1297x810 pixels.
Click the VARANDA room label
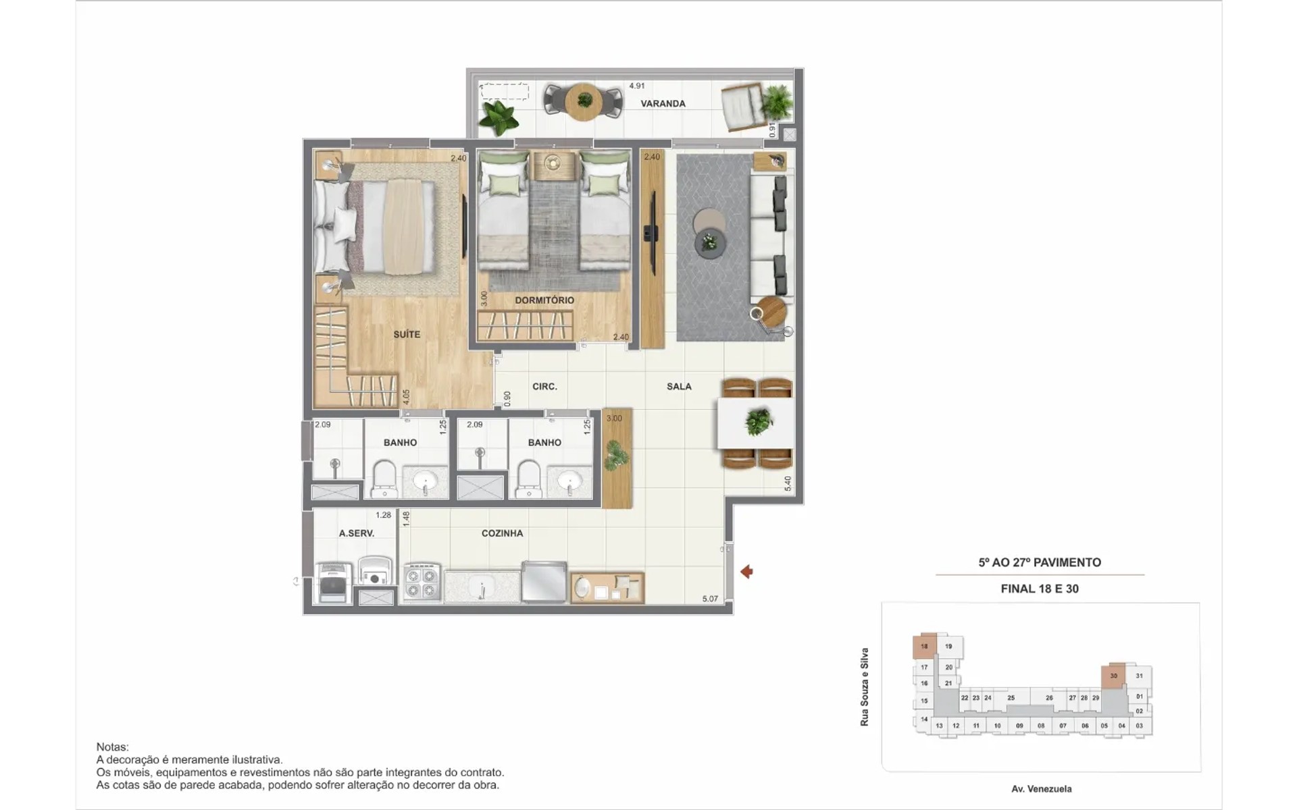[x=663, y=104]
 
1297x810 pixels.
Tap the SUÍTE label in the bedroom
[x=407, y=334]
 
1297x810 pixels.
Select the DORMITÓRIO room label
[x=544, y=300]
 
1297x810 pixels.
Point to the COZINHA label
[x=502, y=533]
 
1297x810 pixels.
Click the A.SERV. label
[x=357, y=533]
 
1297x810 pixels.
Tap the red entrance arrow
[x=746, y=572]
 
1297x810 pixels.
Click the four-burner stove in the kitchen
[x=422, y=583]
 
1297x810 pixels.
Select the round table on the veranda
[x=584, y=102]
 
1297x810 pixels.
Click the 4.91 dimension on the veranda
[x=636, y=86]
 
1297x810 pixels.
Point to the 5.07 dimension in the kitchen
[x=710, y=599]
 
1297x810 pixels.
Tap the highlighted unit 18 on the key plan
[x=924, y=646]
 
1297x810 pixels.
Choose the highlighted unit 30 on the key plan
[x=1113, y=676]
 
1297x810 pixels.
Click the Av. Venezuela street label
[x=1041, y=789]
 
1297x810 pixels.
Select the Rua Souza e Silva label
[x=864, y=687]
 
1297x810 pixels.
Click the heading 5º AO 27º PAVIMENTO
[x=1040, y=562]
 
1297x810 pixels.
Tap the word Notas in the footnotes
[x=112, y=747]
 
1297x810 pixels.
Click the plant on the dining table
[x=759, y=422]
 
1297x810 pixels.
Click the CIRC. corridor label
[x=544, y=387]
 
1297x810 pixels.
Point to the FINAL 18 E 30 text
[x=1040, y=589]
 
